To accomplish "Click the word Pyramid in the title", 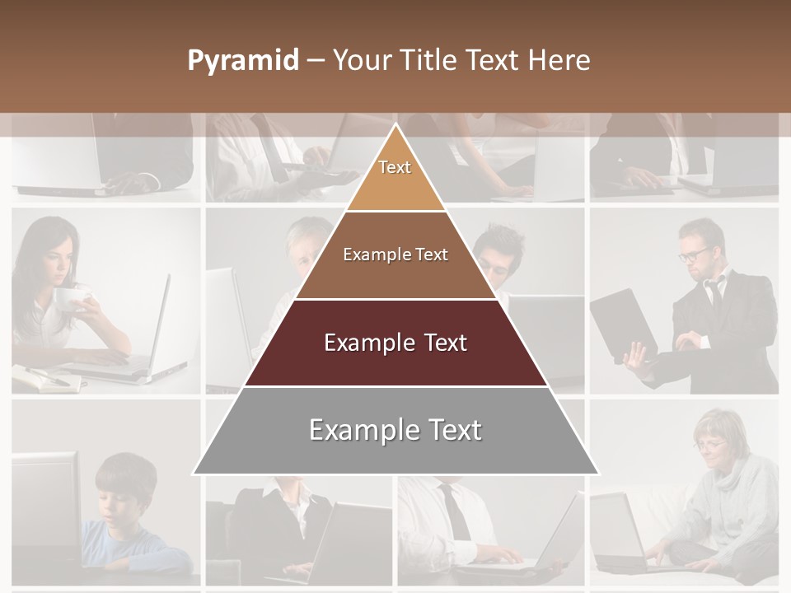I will point(242,61).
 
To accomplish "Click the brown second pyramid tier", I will point(395,255).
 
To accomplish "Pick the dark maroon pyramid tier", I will point(395,343).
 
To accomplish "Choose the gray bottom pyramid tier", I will point(395,431).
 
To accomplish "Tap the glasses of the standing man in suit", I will point(695,253).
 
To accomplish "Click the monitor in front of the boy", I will point(45,502).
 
